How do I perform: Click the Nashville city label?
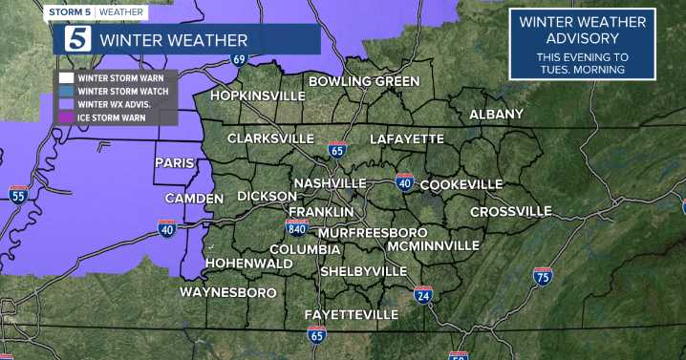tap(331, 183)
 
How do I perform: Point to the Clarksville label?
tap(271, 138)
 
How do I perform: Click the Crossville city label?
tap(511, 211)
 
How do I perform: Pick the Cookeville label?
tap(461, 183)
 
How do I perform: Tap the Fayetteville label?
tap(351, 314)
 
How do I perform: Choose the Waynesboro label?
tap(228, 292)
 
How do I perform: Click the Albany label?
tap(496, 115)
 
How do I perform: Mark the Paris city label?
tap(175, 163)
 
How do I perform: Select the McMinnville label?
tap(434, 245)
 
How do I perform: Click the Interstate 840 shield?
tap(296, 227)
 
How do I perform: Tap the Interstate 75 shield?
tap(542, 277)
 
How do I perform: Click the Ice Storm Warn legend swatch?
tap(66, 118)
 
